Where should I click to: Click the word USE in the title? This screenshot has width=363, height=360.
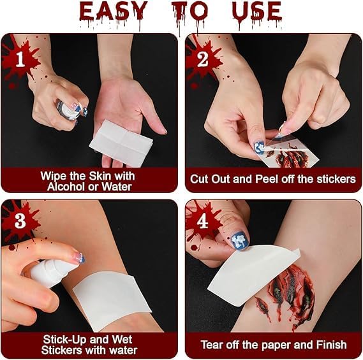pyautogui.click(x=257, y=12)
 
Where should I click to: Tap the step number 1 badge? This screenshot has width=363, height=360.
pyautogui.click(x=20, y=59)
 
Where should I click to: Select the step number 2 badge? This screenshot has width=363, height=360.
pyautogui.click(x=203, y=59)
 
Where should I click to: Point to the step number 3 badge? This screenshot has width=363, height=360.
pyautogui.click(x=20, y=221)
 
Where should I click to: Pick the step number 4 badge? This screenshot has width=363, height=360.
pyautogui.click(x=203, y=221)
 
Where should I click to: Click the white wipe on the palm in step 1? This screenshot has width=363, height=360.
pyautogui.click(x=121, y=143)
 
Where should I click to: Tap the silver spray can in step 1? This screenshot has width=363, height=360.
pyautogui.click(x=68, y=110)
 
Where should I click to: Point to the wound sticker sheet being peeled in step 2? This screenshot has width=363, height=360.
pyautogui.click(x=290, y=152)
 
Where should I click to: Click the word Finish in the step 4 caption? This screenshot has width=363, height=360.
pyautogui.click(x=332, y=345)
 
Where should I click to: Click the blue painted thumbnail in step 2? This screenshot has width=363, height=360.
pyautogui.click(x=260, y=148)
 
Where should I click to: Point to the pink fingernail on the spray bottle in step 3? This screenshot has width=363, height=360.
pyautogui.click(x=78, y=258)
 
